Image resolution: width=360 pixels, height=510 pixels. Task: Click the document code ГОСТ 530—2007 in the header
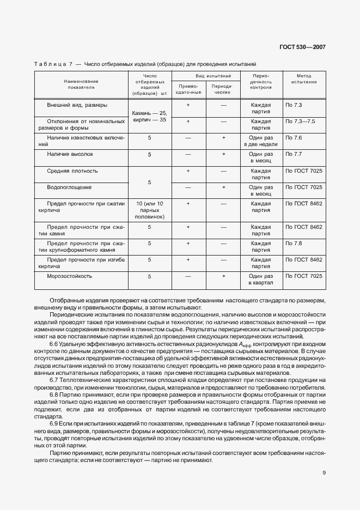[303, 47]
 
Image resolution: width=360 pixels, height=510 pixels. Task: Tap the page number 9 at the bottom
[324, 472]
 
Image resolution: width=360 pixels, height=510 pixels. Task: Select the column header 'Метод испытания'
[304, 79]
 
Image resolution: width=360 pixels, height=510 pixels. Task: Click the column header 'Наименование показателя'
[81, 83]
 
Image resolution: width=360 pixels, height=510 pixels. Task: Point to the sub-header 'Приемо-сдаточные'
[188, 89]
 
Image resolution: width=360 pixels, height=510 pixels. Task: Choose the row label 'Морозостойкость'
[69, 276]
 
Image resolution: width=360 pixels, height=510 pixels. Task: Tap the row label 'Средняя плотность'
[72, 171]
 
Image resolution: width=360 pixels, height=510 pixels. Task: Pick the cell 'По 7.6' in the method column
[294, 138]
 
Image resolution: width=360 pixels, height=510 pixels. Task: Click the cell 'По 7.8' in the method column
[294, 243]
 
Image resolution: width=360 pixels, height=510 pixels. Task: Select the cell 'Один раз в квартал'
[260, 280]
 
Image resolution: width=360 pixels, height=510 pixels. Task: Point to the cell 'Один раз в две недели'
[260, 142]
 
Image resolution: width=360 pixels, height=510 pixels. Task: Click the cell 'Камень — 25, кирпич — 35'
[149, 116]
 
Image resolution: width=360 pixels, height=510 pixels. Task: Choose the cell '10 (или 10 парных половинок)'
[149, 210]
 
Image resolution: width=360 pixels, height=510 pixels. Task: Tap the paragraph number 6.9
[54, 423]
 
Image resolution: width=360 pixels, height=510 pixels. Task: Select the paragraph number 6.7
[54, 379]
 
